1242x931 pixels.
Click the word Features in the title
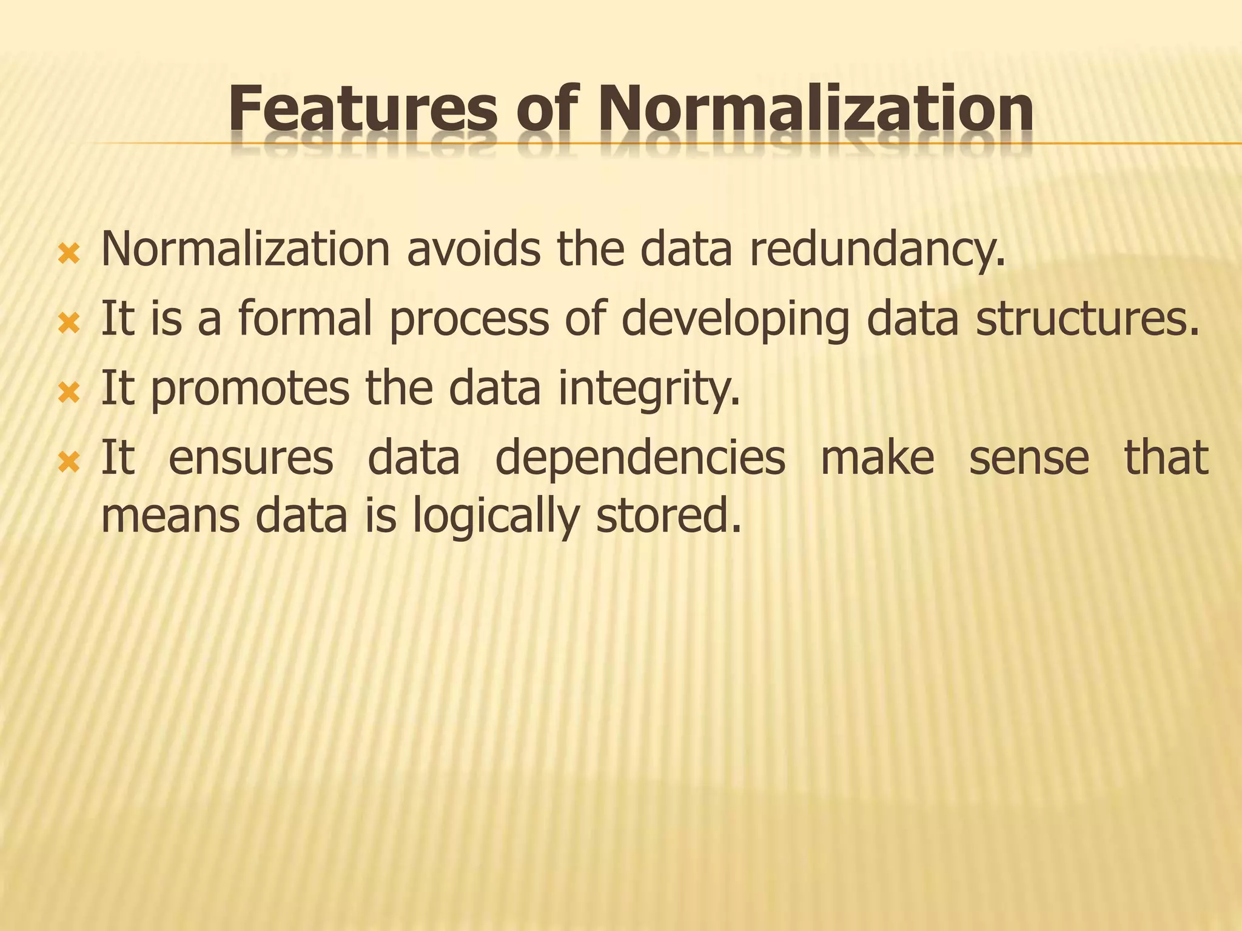[362, 109]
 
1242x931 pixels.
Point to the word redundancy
[877, 250]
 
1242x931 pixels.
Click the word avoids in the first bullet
[473, 249]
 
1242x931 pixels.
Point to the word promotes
[249, 389]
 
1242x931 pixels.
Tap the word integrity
[649, 389]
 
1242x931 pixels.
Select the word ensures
[250, 458]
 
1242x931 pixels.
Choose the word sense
[1029, 458]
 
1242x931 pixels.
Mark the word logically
[495, 517]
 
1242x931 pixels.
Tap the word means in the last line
[170, 516]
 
